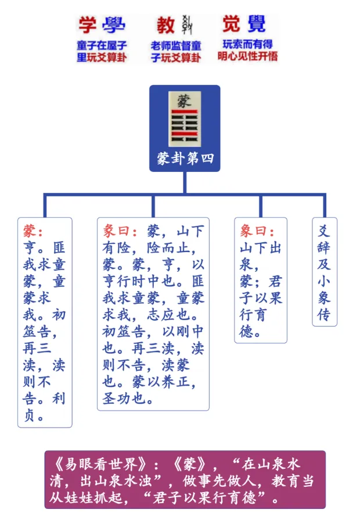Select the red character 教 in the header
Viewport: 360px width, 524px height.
tap(165, 24)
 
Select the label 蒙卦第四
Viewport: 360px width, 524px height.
tap(185, 158)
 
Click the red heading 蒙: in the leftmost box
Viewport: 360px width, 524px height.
tap(33, 231)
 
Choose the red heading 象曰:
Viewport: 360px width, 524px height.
tap(255, 231)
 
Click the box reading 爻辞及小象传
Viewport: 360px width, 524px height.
tap(324, 272)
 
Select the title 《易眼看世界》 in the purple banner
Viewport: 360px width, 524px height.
tap(96, 465)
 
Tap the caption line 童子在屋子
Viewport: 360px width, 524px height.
tap(102, 45)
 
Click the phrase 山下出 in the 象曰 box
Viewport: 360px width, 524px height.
tap(261, 248)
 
